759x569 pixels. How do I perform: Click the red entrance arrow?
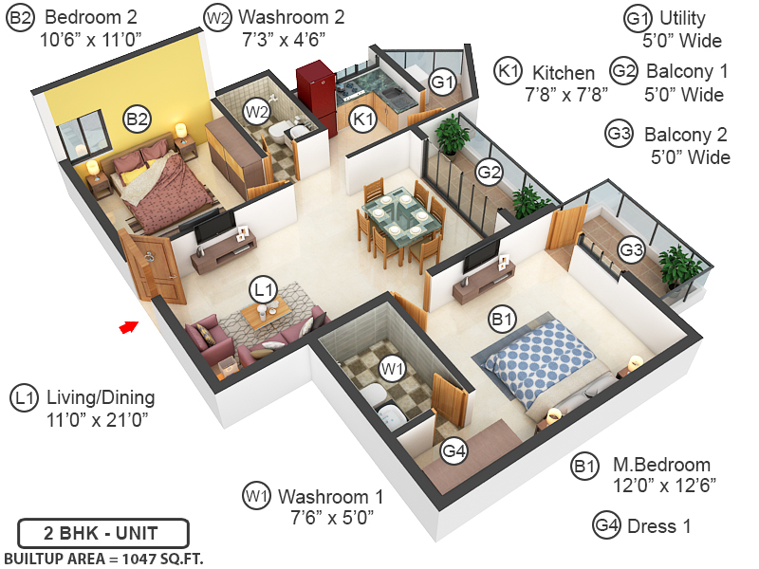[x=126, y=327]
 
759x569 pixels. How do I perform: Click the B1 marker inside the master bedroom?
[x=503, y=321]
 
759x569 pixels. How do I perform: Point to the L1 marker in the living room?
[x=263, y=288]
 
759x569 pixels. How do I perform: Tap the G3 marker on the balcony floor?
[x=631, y=249]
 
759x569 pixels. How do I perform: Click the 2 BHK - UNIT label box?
[x=102, y=532]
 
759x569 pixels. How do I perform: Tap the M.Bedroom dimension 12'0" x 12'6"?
[x=664, y=485]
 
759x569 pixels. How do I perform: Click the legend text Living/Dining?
[x=100, y=397]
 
